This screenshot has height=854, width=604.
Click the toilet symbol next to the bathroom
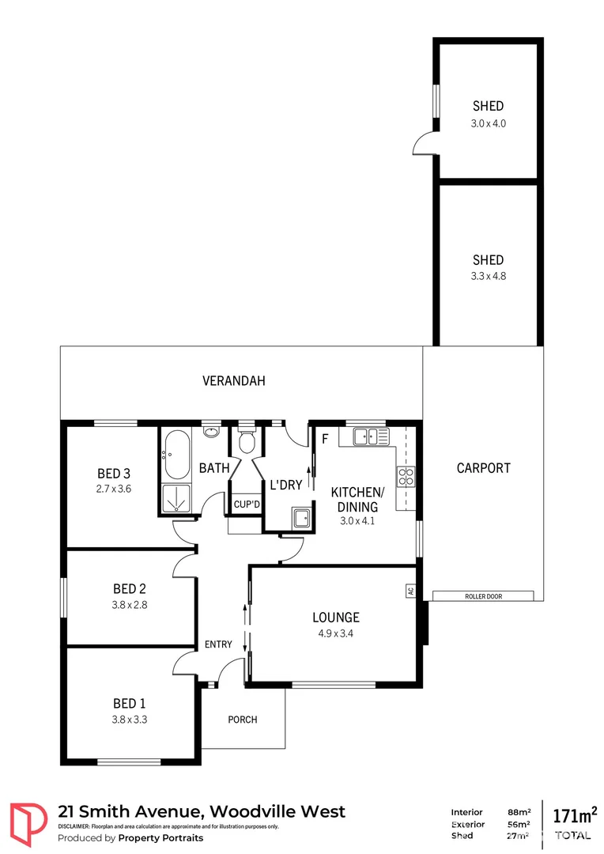(247, 438)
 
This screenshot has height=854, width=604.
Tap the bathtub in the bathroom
(176, 455)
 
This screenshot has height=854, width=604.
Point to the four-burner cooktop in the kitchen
(406, 476)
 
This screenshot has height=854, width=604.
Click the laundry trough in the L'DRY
(300, 519)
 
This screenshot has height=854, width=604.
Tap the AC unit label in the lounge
(410, 591)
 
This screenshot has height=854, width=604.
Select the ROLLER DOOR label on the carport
(483, 596)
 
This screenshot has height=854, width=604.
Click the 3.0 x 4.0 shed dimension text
(488, 123)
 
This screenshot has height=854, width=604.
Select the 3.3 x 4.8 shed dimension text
(488, 277)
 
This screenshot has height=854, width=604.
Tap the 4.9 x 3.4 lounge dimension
(335, 633)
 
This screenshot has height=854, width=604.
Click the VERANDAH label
(234, 380)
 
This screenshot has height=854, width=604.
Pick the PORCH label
(243, 720)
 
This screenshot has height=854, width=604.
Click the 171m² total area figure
(574, 815)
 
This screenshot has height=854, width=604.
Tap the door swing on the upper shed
(424, 144)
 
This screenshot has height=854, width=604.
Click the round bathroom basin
(211, 432)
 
